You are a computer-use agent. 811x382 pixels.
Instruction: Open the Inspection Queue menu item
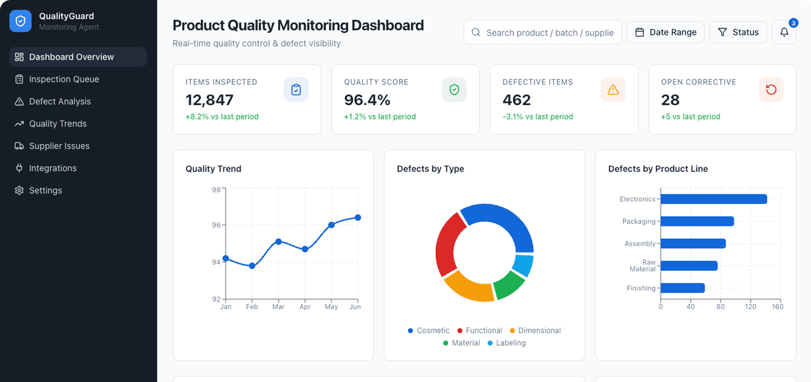coord(64,79)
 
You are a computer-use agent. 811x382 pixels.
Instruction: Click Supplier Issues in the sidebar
coord(59,146)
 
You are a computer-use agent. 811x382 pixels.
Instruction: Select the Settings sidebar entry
coord(45,191)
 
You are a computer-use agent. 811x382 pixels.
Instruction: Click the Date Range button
coord(665,32)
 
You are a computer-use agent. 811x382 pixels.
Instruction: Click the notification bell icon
coord(784,32)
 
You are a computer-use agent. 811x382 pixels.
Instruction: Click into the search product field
coord(549,33)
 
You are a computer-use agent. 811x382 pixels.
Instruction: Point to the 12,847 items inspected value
coord(209,100)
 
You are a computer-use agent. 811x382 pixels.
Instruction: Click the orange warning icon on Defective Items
coord(613,90)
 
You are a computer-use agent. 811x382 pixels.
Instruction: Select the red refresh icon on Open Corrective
coord(771,90)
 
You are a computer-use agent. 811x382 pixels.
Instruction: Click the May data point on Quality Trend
coord(331,225)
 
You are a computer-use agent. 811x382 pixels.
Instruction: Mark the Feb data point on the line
coord(252,266)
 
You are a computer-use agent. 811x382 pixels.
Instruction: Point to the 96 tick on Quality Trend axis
coord(216,225)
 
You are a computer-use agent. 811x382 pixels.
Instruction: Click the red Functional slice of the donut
coord(447,244)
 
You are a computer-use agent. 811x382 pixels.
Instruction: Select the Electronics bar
coord(713,199)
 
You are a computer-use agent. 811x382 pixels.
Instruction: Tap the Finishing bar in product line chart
coord(682,288)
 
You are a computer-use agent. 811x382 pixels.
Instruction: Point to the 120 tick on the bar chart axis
coord(750,307)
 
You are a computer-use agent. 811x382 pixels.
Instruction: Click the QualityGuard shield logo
coord(20,21)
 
